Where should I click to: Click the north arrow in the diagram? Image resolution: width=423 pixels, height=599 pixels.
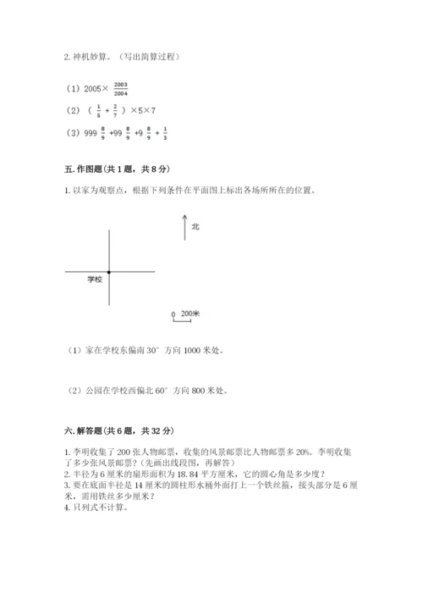184,227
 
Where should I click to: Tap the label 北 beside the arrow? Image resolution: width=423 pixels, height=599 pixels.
195,227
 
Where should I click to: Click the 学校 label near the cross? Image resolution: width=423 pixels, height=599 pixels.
95,279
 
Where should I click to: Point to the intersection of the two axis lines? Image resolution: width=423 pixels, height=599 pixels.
109,271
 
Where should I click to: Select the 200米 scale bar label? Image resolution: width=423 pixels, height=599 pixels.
190,313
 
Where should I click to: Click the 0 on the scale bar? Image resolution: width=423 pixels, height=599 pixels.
173,314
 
